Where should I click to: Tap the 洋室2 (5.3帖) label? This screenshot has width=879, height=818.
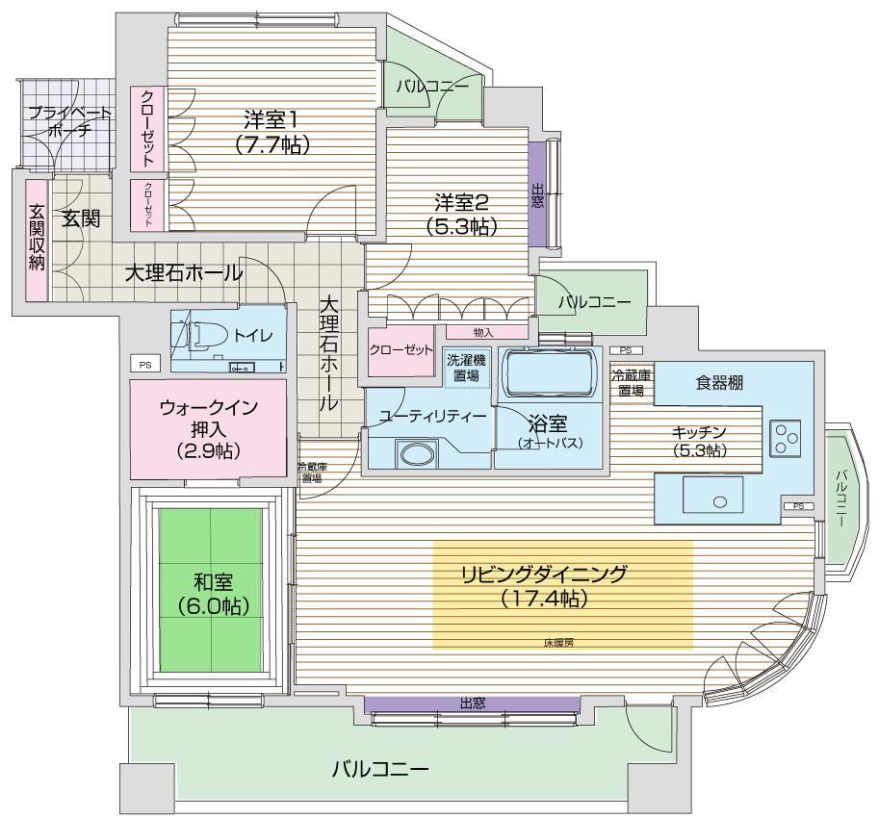tap(461, 214)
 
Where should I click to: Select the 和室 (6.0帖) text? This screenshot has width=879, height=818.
tap(213, 595)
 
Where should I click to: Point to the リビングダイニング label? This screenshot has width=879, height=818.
tap(544, 575)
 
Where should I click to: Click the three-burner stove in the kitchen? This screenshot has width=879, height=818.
tap(785, 438)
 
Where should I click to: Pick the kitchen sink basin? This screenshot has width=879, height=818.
tap(713, 495)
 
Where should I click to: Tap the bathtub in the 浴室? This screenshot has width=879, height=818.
tap(549, 373)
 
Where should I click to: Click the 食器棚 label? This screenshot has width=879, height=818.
tap(720, 383)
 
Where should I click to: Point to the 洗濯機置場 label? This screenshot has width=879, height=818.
tap(466, 368)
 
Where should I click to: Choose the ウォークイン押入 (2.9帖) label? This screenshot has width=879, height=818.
tap(209, 428)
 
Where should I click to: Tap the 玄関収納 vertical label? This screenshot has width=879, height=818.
tap(37, 238)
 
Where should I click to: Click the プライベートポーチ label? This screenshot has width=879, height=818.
tap(69, 121)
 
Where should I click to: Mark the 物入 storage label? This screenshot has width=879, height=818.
tap(483, 333)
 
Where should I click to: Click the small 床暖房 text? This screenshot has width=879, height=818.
tap(558, 643)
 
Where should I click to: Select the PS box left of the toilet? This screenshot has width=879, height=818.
tap(145, 365)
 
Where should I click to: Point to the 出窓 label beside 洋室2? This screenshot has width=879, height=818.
tap(537, 195)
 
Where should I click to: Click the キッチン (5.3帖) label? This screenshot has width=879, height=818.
tap(699, 441)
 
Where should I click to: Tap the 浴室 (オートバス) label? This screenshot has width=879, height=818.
tap(549, 432)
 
